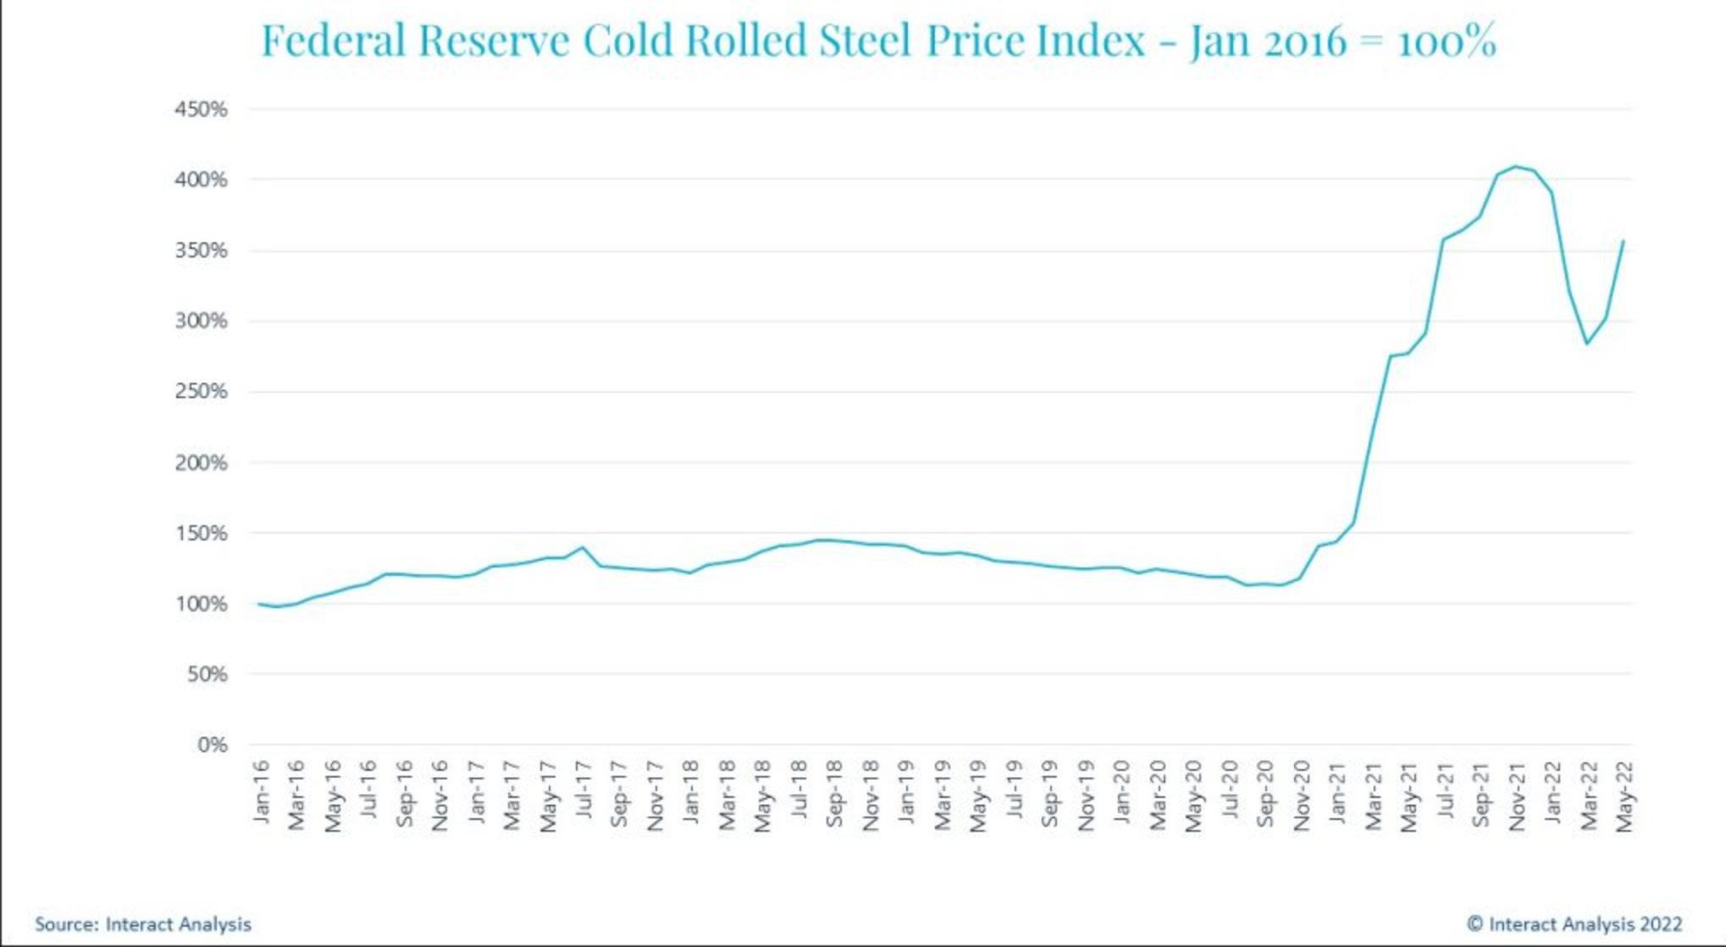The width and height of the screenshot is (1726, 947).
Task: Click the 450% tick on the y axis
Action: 201,109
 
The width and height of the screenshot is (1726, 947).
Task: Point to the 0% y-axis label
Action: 212,745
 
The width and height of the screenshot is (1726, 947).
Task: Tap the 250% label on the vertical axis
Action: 201,391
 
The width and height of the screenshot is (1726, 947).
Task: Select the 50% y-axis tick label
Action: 207,674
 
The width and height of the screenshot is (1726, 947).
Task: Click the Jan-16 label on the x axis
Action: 261,791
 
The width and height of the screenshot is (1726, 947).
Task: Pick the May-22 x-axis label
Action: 1624,795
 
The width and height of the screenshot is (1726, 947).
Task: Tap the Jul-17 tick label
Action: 584,789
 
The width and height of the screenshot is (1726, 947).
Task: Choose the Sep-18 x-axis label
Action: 834,794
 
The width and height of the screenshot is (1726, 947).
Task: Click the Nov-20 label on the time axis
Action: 1302,795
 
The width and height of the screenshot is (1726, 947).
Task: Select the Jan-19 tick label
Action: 906,791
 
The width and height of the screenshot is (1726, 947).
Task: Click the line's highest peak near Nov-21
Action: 1516,166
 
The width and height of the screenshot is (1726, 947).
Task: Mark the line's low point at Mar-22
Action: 1587,343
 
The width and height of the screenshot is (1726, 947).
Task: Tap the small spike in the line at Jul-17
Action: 583,547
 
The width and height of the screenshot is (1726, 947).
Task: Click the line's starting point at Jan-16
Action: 257,604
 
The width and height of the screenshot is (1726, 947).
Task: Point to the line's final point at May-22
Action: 1623,241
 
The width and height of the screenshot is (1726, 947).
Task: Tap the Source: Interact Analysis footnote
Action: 143,924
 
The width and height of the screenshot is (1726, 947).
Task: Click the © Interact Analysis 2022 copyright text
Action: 1574,924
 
